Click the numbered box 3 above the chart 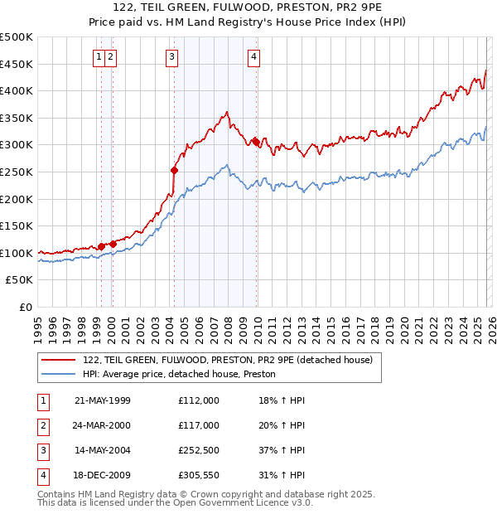[x=171, y=57]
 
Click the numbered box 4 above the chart [x=253, y=57]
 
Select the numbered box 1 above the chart [x=99, y=57]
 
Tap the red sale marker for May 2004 [x=175, y=170]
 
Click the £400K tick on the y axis [x=17, y=91]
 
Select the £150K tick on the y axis [x=17, y=226]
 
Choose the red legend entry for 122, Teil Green [x=228, y=360]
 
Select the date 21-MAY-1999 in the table [x=103, y=400]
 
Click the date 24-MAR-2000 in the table [x=103, y=425]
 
